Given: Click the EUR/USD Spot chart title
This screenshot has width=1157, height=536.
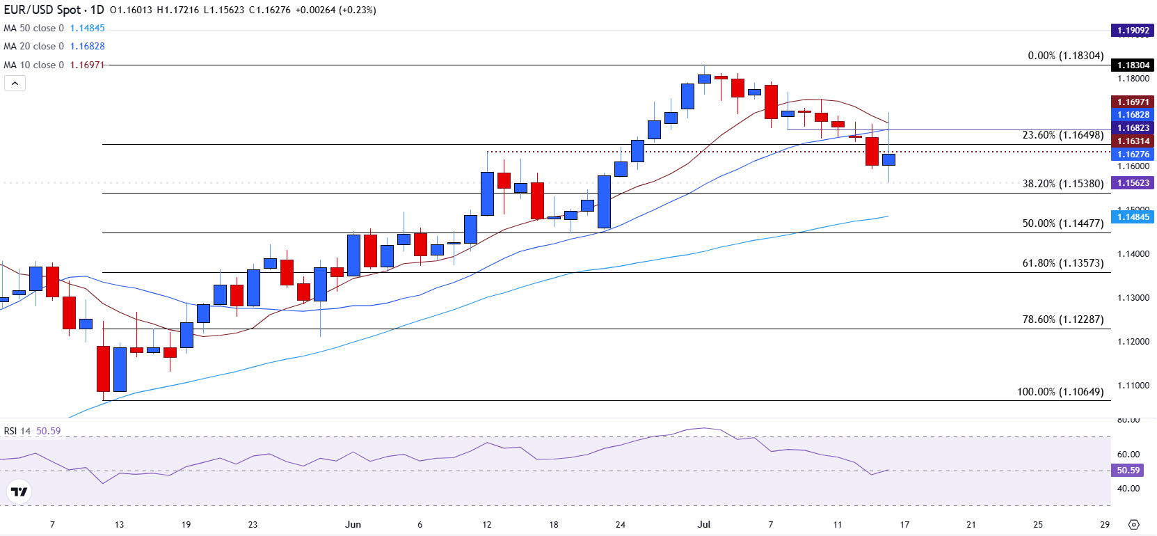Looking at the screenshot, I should [54, 10].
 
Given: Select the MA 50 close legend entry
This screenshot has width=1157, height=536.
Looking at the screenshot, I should [33, 29].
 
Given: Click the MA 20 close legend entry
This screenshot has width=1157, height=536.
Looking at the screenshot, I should [33, 47].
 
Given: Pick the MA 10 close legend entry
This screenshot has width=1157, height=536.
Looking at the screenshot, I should [33, 65].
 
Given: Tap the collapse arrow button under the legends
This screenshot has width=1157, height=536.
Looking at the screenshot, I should [15, 84].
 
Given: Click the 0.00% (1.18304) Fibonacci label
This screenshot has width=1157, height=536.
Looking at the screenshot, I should [1065, 56].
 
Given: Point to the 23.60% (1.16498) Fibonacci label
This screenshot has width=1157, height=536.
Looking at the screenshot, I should [1062, 135].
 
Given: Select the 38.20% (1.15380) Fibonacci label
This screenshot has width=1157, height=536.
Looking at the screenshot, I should [1062, 184].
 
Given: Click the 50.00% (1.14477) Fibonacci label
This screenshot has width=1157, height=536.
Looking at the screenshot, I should [1062, 223].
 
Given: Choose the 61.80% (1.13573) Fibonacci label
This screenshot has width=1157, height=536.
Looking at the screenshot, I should [1062, 263].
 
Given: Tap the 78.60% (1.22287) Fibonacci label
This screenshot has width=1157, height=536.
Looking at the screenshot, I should [1062, 320].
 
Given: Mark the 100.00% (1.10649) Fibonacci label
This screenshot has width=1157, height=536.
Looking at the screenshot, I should [1060, 392].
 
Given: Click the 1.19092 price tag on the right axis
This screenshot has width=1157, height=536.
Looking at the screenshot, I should [1133, 31].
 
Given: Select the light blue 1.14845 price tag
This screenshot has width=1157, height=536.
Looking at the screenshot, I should [1133, 217].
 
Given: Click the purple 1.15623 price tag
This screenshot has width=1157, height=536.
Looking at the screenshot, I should [1133, 183].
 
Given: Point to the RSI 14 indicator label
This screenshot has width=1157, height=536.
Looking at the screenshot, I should [17, 431].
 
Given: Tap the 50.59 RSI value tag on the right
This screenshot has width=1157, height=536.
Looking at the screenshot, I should [1128, 471].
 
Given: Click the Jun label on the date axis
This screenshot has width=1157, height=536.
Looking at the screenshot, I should [353, 524].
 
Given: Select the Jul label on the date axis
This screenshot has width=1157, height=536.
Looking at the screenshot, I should [703, 524].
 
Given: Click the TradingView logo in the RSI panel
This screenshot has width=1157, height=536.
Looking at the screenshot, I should [19, 492].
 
